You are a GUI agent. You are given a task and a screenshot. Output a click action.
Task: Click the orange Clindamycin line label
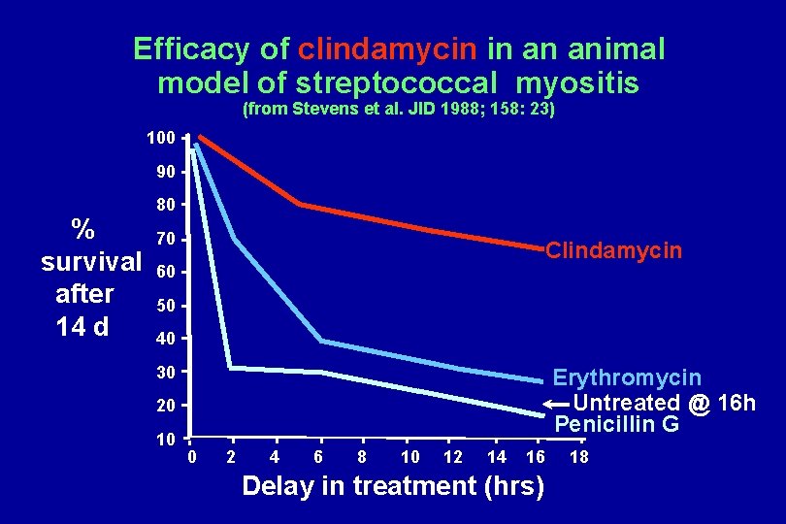pos(613,251)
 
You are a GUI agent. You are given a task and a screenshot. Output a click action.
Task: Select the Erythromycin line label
pos(626,377)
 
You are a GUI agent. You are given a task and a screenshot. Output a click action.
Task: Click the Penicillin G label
pos(616,425)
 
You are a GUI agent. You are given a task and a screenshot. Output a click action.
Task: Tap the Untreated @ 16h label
pos(665,403)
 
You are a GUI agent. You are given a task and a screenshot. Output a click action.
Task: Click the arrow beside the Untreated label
pos(557,403)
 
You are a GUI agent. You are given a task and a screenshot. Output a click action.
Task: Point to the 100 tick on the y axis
pos(160,139)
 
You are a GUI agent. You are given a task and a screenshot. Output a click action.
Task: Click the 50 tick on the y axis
pos(165,307)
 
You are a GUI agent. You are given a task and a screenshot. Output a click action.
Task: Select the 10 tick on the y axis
pos(165,439)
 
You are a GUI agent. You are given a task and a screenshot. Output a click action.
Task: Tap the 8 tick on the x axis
pos(362,457)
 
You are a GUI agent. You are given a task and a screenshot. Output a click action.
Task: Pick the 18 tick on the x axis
pos(578,457)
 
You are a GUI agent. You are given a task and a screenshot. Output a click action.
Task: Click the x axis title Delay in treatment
pos(392,486)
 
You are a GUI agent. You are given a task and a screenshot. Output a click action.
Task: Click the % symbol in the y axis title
pos(83,229)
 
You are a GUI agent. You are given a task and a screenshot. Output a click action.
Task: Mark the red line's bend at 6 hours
pos(299,204)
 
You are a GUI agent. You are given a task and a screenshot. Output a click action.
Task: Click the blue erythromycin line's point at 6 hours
pos(320,341)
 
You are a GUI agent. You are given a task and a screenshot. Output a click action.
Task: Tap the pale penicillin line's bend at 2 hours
pos(229,368)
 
